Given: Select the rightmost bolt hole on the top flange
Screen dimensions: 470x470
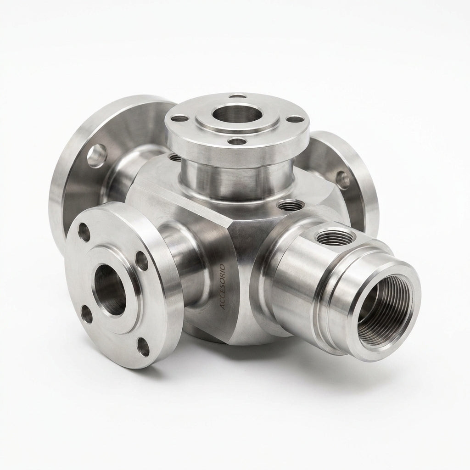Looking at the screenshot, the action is coord(293,119).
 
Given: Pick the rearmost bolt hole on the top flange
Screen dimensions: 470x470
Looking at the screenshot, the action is coord(238,96).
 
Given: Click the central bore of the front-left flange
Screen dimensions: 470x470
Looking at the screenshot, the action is coord(110,290).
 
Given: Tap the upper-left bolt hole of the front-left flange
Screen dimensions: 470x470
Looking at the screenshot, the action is coord(84,232).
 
